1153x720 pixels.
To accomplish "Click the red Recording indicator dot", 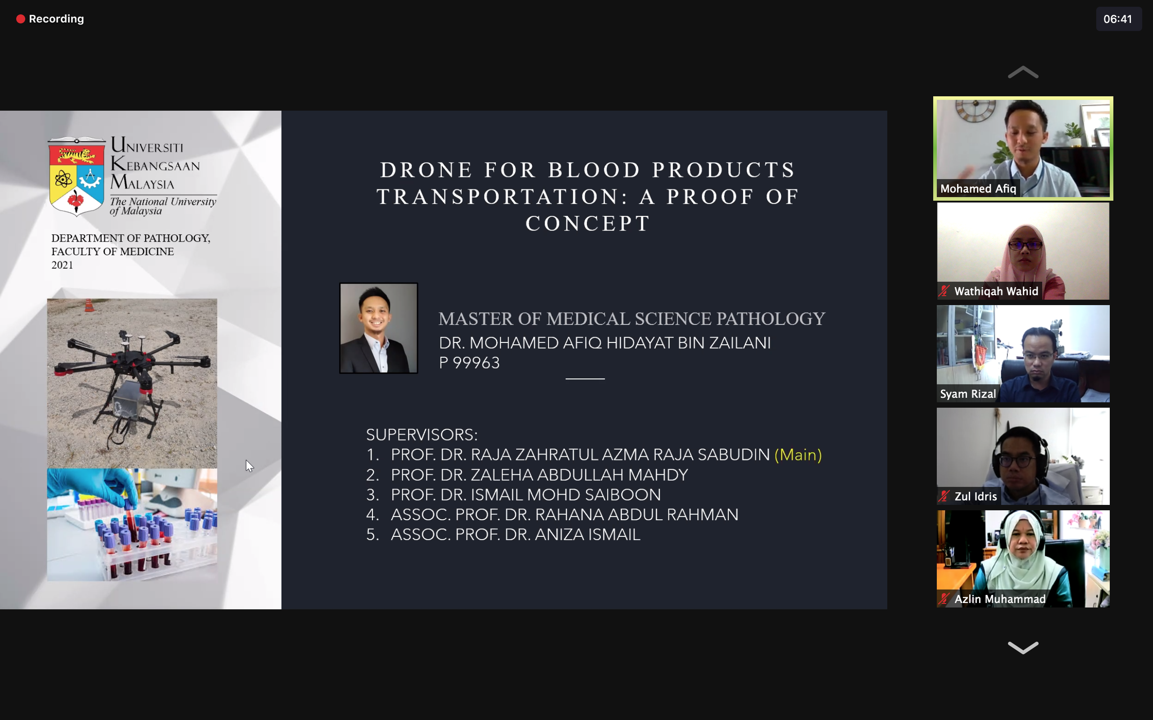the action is pos(20,19).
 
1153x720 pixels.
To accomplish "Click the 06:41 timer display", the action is pos(1118,19).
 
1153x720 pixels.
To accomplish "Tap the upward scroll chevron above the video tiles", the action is pos(1023,72).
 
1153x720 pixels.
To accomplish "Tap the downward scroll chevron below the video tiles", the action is pos(1023,648).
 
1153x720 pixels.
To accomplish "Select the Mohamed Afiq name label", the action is pos(978,189).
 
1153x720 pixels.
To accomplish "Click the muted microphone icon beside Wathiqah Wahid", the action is pos(944,291).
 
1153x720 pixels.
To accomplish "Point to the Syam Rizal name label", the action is pos(967,394).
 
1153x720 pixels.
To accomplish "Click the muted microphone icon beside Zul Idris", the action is pos(944,496).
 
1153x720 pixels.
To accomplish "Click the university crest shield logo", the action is pos(77,177).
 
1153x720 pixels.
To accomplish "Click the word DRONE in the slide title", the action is pos(426,170).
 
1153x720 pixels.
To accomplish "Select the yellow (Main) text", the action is pos(798,455).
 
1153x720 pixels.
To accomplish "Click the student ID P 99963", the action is pos(469,363).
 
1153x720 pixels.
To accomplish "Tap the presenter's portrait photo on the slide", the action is pos(379,328).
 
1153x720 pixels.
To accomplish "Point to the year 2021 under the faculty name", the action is pos(63,265).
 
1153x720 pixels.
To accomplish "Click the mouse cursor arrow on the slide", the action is pos(249,466).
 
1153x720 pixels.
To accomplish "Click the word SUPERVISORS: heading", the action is pos(422,435).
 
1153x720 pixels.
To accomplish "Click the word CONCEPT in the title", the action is pos(588,223).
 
